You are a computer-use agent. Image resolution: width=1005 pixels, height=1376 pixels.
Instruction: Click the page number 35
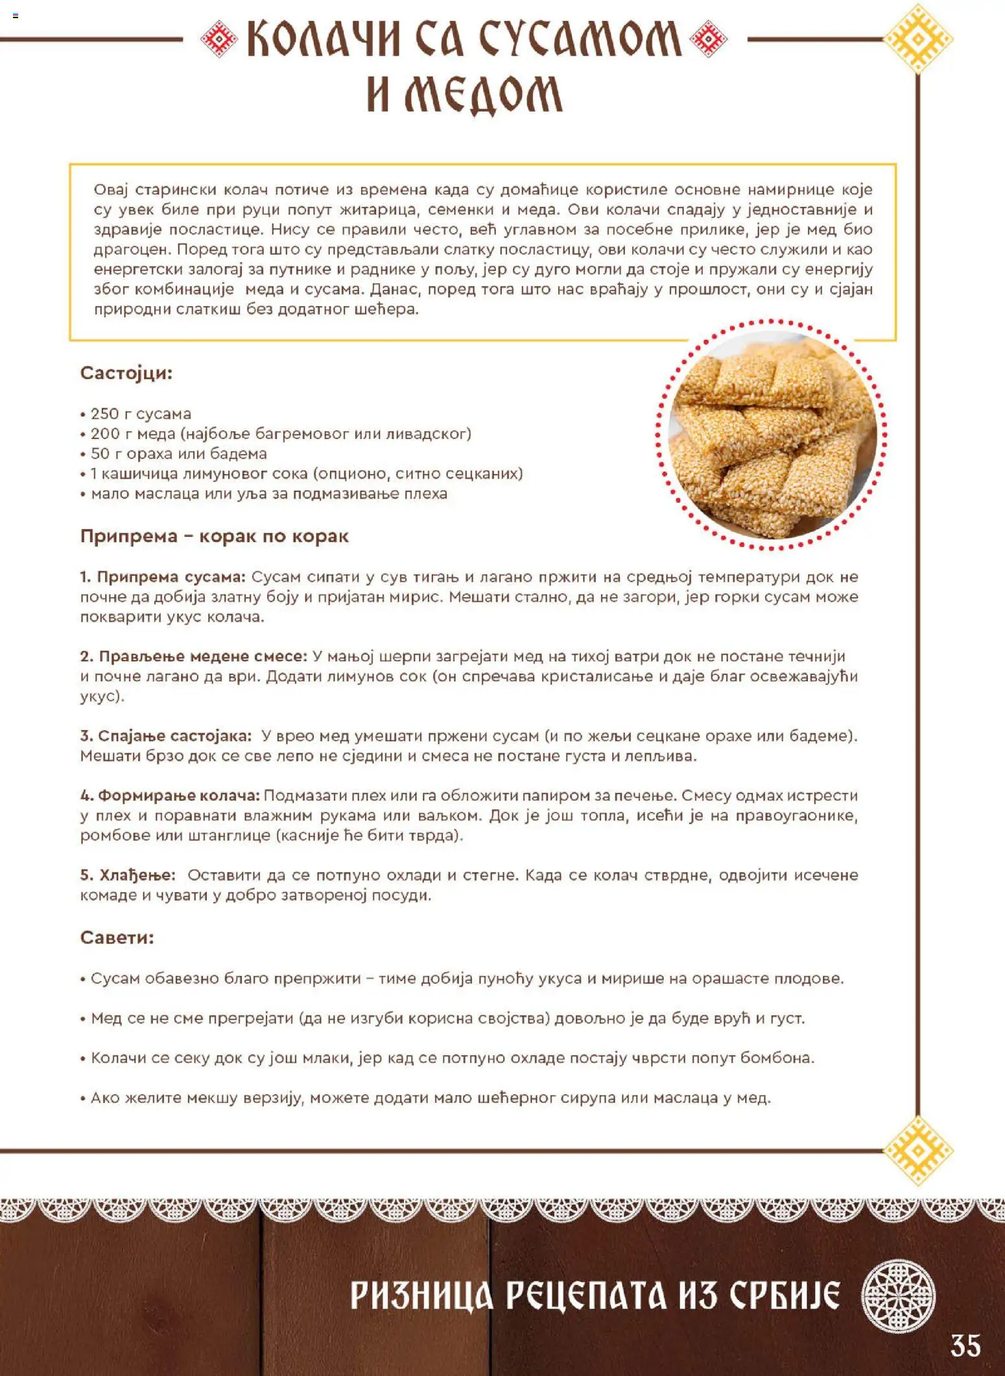click(x=965, y=1346)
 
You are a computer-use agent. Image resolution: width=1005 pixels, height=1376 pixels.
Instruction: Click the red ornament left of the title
click(x=219, y=38)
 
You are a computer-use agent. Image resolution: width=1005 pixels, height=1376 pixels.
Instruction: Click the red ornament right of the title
click(x=709, y=38)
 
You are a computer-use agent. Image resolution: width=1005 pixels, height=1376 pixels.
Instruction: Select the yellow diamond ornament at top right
click(x=918, y=38)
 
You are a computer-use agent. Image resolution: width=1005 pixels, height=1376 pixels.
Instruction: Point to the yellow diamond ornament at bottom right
click(x=918, y=1150)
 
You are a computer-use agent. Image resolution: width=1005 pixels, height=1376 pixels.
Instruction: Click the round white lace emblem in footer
click(x=898, y=1296)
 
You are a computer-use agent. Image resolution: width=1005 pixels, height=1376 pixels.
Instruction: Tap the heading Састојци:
click(x=126, y=373)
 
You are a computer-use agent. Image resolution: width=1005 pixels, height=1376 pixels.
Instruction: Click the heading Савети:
click(x=117, y=938)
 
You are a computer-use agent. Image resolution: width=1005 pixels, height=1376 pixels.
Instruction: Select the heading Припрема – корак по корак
click(x=214, y=536)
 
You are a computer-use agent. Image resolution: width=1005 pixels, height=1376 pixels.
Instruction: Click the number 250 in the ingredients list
click(x=104, y=414)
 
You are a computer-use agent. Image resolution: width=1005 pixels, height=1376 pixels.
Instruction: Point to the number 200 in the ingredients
click(x=104, y=434)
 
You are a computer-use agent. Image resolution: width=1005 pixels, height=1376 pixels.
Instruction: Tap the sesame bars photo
click(x=772, y=435)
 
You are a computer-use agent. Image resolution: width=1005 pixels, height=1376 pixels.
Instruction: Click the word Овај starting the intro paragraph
click(x=112, y=190)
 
